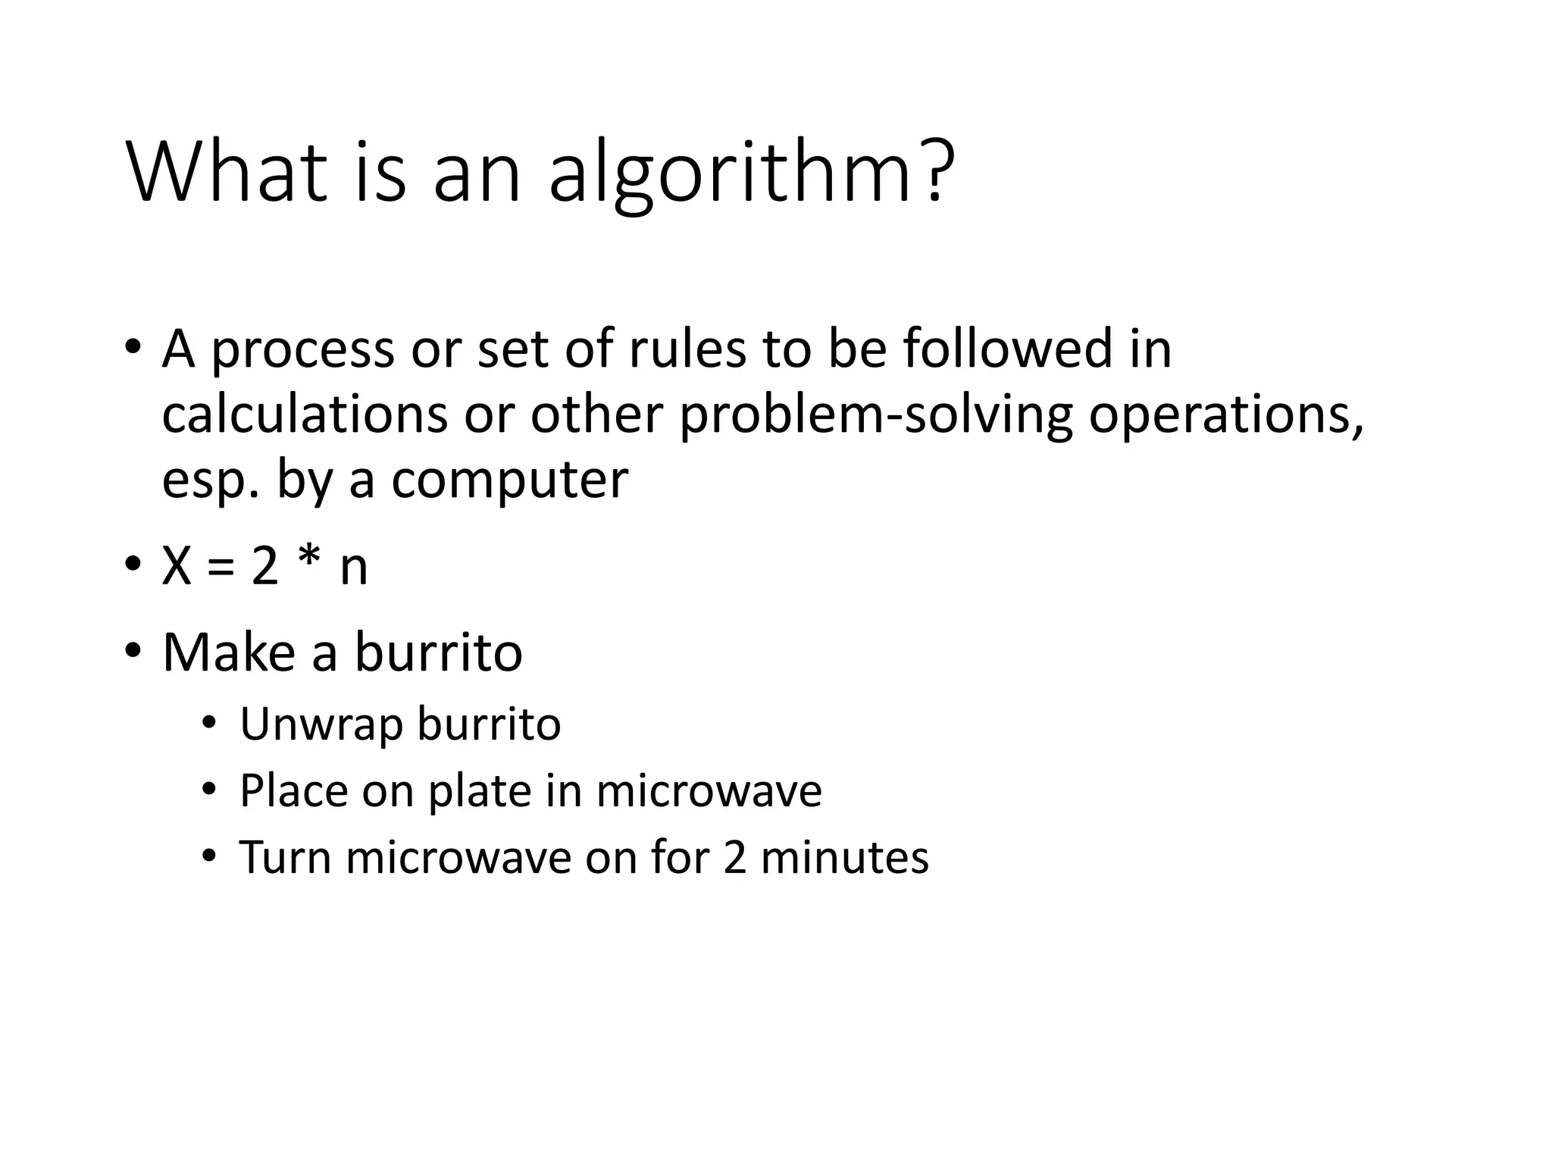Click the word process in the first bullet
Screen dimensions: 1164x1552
[303, 350]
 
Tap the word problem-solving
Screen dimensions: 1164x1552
[875, 416]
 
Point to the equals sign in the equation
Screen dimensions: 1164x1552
[221, 567]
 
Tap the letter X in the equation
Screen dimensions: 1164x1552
[177, 566]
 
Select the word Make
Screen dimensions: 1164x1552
[228, 652]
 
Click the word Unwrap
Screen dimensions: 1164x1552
[321, 724]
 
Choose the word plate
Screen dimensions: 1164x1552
[480, 791]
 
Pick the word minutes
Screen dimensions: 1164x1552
[843, 857]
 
